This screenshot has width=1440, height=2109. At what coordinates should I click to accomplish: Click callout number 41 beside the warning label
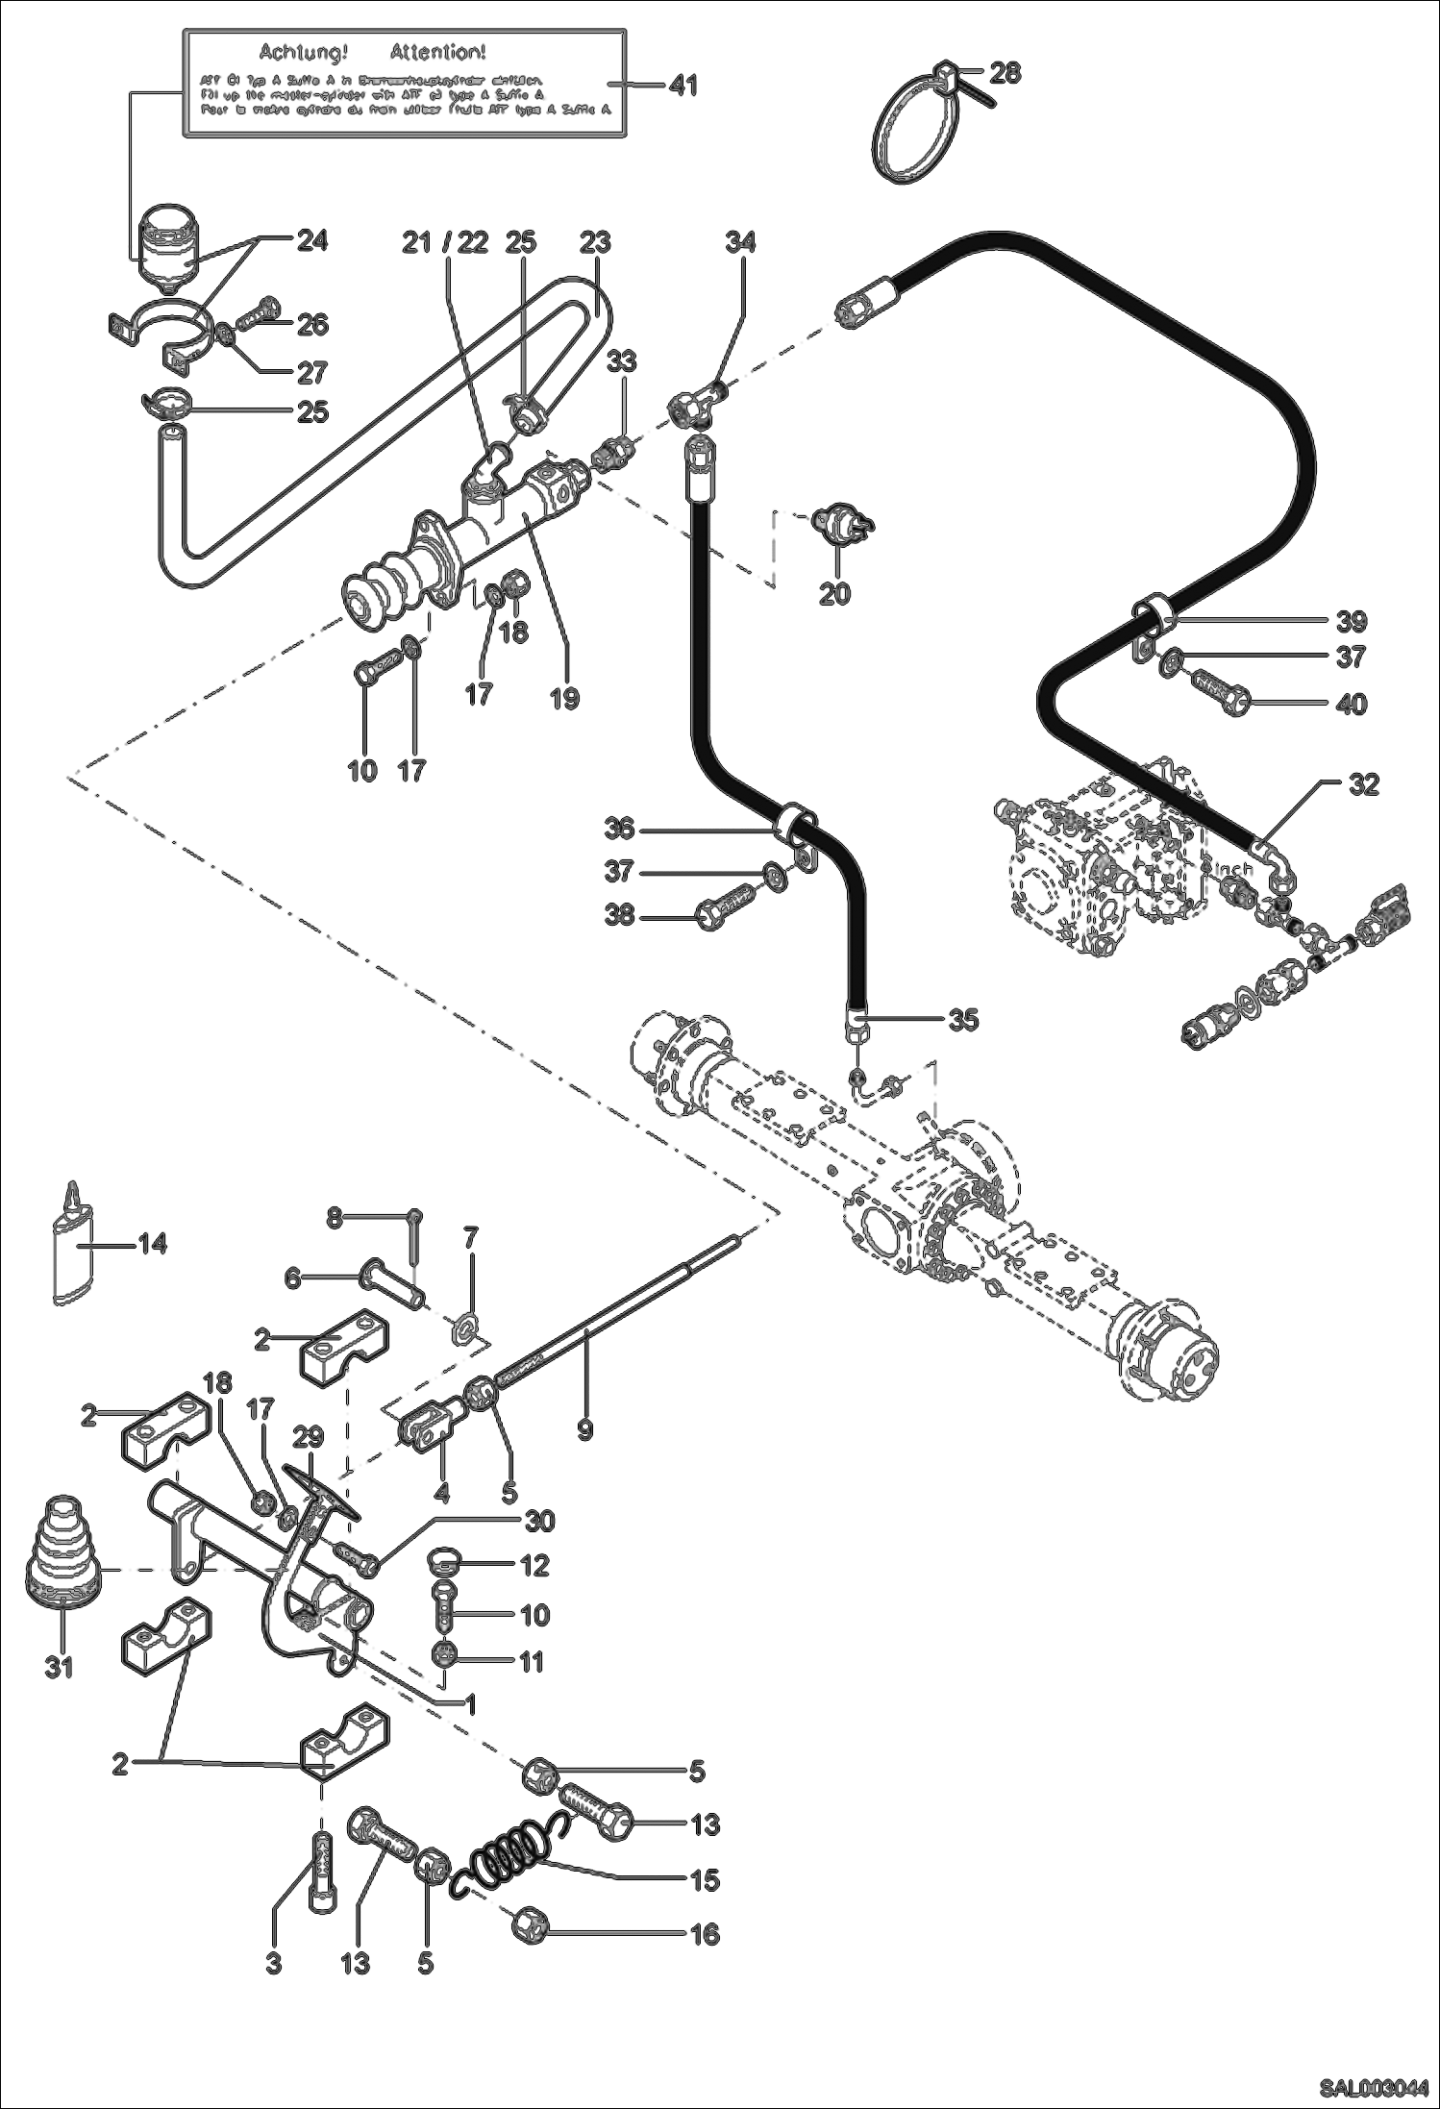(x=683, y=86)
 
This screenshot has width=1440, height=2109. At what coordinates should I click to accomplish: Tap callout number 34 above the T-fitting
(x=741, y=242)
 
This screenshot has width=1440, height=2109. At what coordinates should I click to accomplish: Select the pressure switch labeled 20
(x=839, y=523)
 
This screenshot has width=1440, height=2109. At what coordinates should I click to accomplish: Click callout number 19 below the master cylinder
(x=565, y=698)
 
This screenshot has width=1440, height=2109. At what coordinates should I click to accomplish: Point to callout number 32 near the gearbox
(x=1363, y=784)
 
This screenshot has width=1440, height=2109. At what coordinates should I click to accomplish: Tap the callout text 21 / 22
(x=445, y=243)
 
